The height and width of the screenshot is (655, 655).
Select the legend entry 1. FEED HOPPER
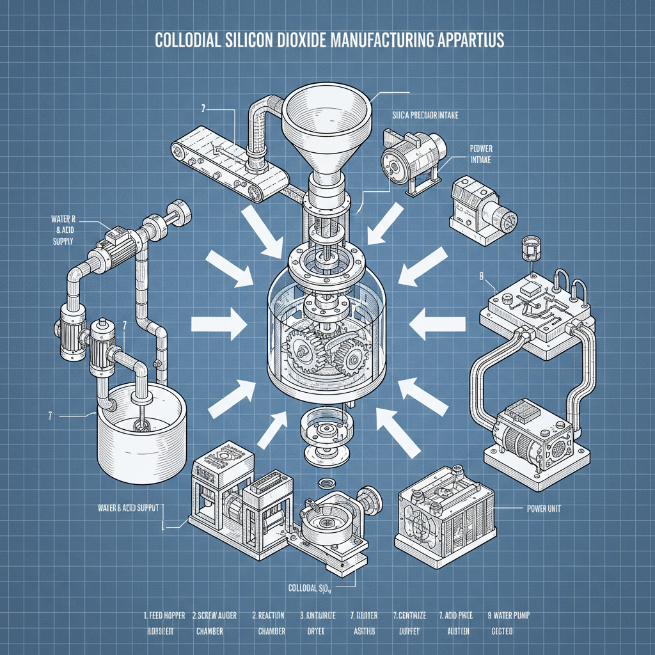pos(164,616)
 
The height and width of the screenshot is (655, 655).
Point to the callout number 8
pos(480,276)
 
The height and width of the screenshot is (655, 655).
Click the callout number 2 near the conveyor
pos(203,109)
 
